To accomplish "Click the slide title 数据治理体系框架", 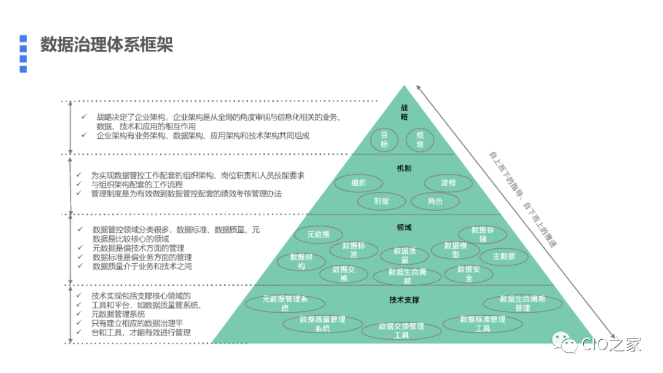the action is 107,45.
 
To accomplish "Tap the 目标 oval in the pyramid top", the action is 385,139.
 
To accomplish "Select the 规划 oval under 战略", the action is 420,139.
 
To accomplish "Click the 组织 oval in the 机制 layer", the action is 359,183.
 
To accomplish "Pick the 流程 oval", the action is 449,183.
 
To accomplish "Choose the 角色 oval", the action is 435,201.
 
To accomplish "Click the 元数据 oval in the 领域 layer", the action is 318,234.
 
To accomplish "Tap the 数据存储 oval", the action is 483,234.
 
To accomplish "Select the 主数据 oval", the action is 503,256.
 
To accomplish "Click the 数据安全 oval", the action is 469,273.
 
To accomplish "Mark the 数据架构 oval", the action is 301,262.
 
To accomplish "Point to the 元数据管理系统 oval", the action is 285,303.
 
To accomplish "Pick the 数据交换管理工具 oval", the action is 401,331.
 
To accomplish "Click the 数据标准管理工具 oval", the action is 483,323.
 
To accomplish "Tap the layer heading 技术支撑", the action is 404,300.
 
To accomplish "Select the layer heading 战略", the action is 404,112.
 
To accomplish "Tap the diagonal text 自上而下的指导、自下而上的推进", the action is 522,200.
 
